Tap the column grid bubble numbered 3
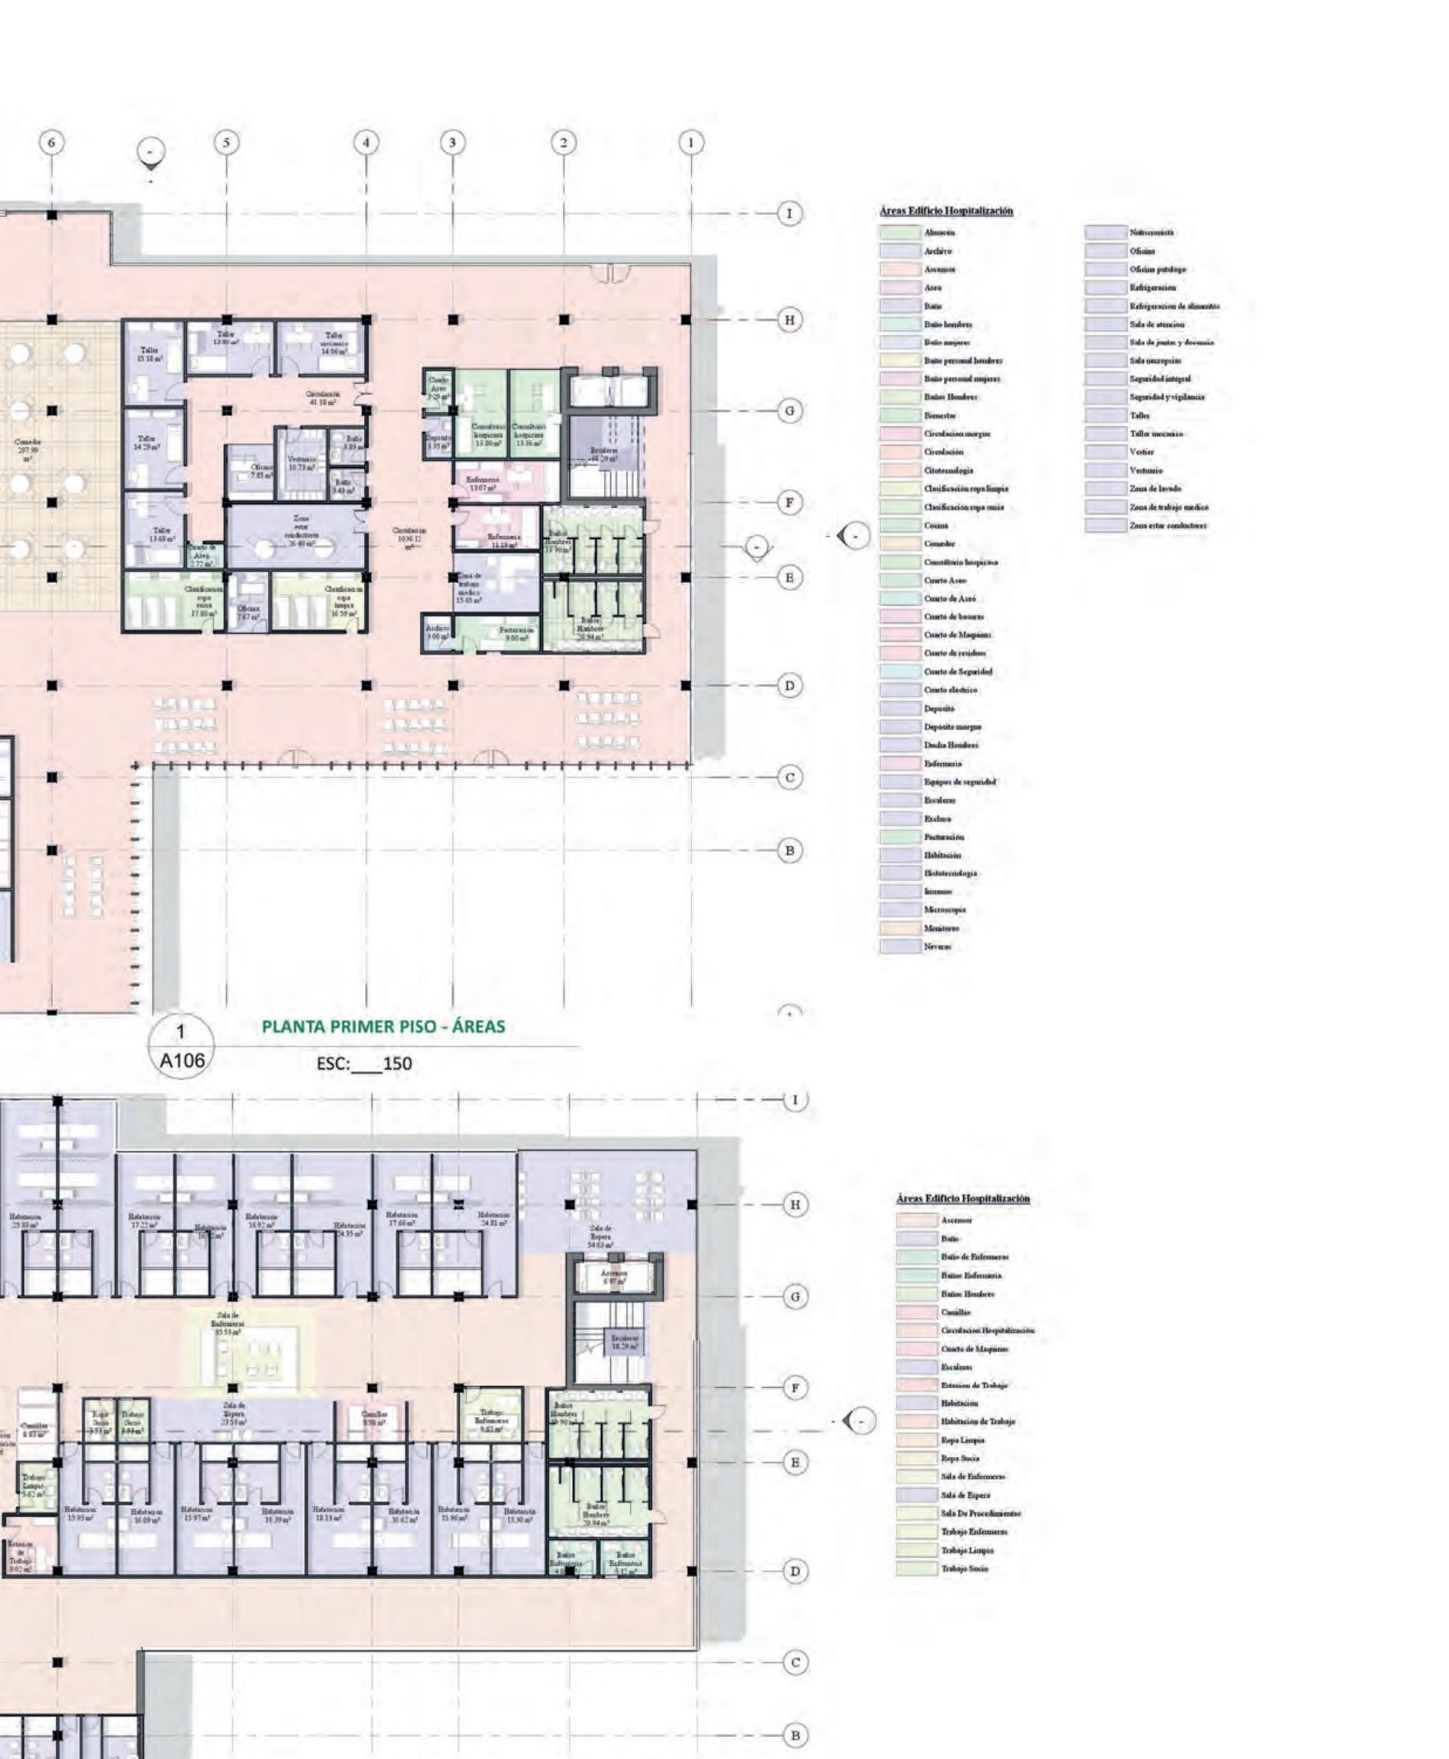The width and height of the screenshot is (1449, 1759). point(452,142)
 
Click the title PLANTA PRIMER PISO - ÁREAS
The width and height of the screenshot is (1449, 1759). point(383,1026)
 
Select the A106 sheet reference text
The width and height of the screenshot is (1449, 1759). point(182,1060)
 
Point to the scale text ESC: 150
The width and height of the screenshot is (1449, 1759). point(364,1064)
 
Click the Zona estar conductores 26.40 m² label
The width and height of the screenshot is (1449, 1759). point(301,531)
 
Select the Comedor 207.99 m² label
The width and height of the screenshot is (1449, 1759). point(27,451)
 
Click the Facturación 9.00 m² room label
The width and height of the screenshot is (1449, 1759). point(513,634)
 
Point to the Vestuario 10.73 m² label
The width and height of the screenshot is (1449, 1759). point(301,463)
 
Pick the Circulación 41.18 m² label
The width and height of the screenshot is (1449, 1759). point(321,397)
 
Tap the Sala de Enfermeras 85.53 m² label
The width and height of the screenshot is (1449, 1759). point(227,1323)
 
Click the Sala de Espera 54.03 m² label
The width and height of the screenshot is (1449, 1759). point(600,1236)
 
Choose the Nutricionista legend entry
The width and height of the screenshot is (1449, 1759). point(1152,233)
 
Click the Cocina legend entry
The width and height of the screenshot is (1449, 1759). point(935,525)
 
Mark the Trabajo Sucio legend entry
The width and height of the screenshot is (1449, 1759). point(964,1569)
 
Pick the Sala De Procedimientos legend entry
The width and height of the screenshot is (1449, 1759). point(980,1514)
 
